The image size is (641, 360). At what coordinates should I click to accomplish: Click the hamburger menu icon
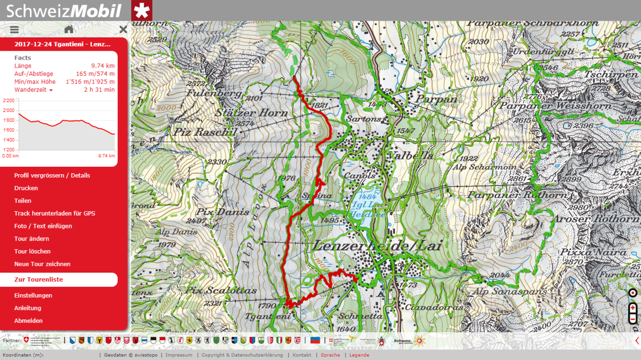[x=14, y=29]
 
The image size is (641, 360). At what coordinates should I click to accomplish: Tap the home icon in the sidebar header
[x=69, y=29]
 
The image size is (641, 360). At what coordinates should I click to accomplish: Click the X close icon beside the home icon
[x=123, y=29]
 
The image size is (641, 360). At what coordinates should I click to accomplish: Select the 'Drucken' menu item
[x=26, y=188]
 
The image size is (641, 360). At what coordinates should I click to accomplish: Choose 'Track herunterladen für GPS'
[x=55, y=213]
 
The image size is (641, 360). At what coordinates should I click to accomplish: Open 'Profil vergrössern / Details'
[x=52, y=175]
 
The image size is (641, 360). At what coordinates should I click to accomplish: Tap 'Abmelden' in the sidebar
[x=28, y=321]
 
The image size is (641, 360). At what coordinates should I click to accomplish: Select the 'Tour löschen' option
[x=32, y=251]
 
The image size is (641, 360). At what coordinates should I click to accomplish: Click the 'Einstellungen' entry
[x=33, y=296]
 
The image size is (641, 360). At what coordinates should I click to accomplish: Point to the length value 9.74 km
[x=103, y=66]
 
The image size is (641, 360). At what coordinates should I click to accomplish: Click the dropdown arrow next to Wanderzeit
[x=51, y=90]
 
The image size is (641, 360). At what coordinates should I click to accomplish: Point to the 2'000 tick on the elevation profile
[x=9, y=111]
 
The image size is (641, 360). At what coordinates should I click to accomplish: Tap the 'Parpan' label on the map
[x=436, y=99]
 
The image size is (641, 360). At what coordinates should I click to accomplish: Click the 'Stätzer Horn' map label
[x=251, y=113]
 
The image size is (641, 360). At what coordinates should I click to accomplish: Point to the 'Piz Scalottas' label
[x=221, y=290]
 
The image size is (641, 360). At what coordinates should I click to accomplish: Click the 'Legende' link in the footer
[x=359, y=355]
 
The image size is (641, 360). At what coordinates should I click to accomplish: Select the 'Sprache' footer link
[x=330, y=355]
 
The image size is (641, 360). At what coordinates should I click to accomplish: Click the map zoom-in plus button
[x=633, y=308]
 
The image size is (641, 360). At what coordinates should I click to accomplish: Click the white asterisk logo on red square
[x=142, y=11]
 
